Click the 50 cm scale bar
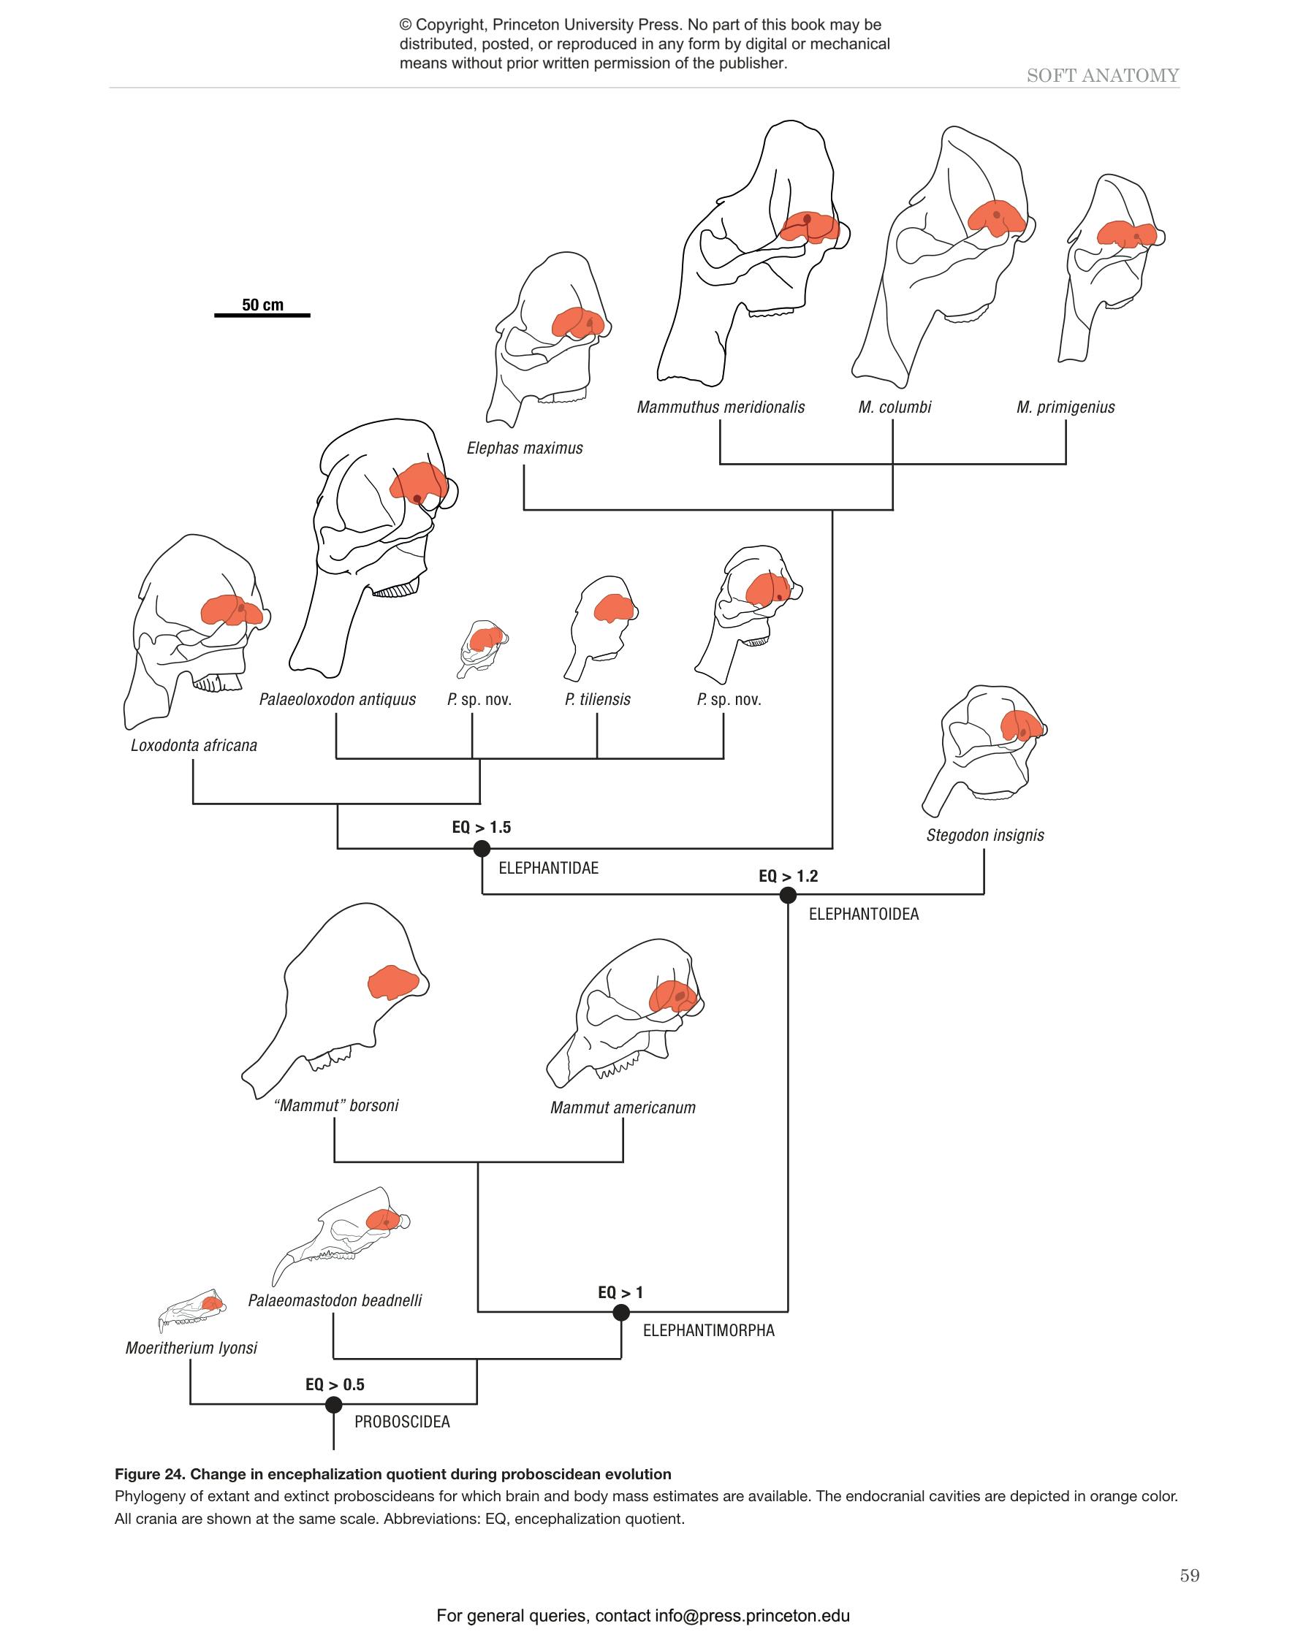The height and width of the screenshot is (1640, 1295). (x=262, y=313)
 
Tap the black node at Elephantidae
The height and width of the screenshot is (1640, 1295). (x=482, y=849)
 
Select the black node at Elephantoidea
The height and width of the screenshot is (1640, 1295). (x=788, y=895)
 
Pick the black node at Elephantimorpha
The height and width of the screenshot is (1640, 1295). (x=621, y=1313)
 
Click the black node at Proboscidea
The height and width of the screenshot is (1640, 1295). (x=333, y=1404)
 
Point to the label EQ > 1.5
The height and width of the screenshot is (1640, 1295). (x=482, y=827)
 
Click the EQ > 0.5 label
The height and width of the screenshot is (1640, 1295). (x=335, y=1384)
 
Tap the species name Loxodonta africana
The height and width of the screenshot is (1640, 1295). (x=194, y=745)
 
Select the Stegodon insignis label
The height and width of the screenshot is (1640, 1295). (x=985, y=835)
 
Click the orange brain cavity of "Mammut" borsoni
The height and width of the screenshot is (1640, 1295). (x=392, y=983)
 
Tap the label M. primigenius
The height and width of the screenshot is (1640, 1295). (x=1066, y=407)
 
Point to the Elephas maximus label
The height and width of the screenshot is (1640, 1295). (x=525, y=448)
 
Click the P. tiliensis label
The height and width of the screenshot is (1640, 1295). (x=598, y=699)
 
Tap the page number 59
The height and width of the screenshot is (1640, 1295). (x=1190, y=1576)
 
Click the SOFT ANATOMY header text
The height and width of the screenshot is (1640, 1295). (x=1102, y=75)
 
